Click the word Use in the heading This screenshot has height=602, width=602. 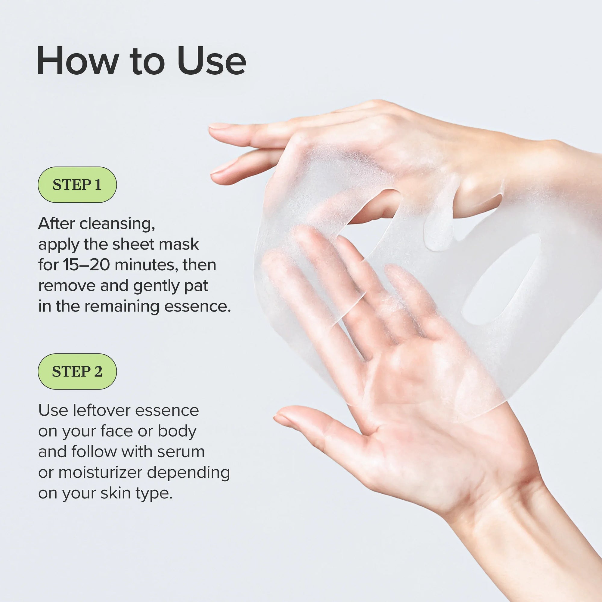[x=212, y=61]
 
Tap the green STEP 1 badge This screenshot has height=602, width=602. [x=77, y=185]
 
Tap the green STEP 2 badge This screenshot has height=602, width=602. [x=77, y=371]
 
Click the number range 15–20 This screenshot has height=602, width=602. [x=86, y=265]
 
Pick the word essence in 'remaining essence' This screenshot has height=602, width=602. [x=197, y=307]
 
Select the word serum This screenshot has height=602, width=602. [x=181, y=452]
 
